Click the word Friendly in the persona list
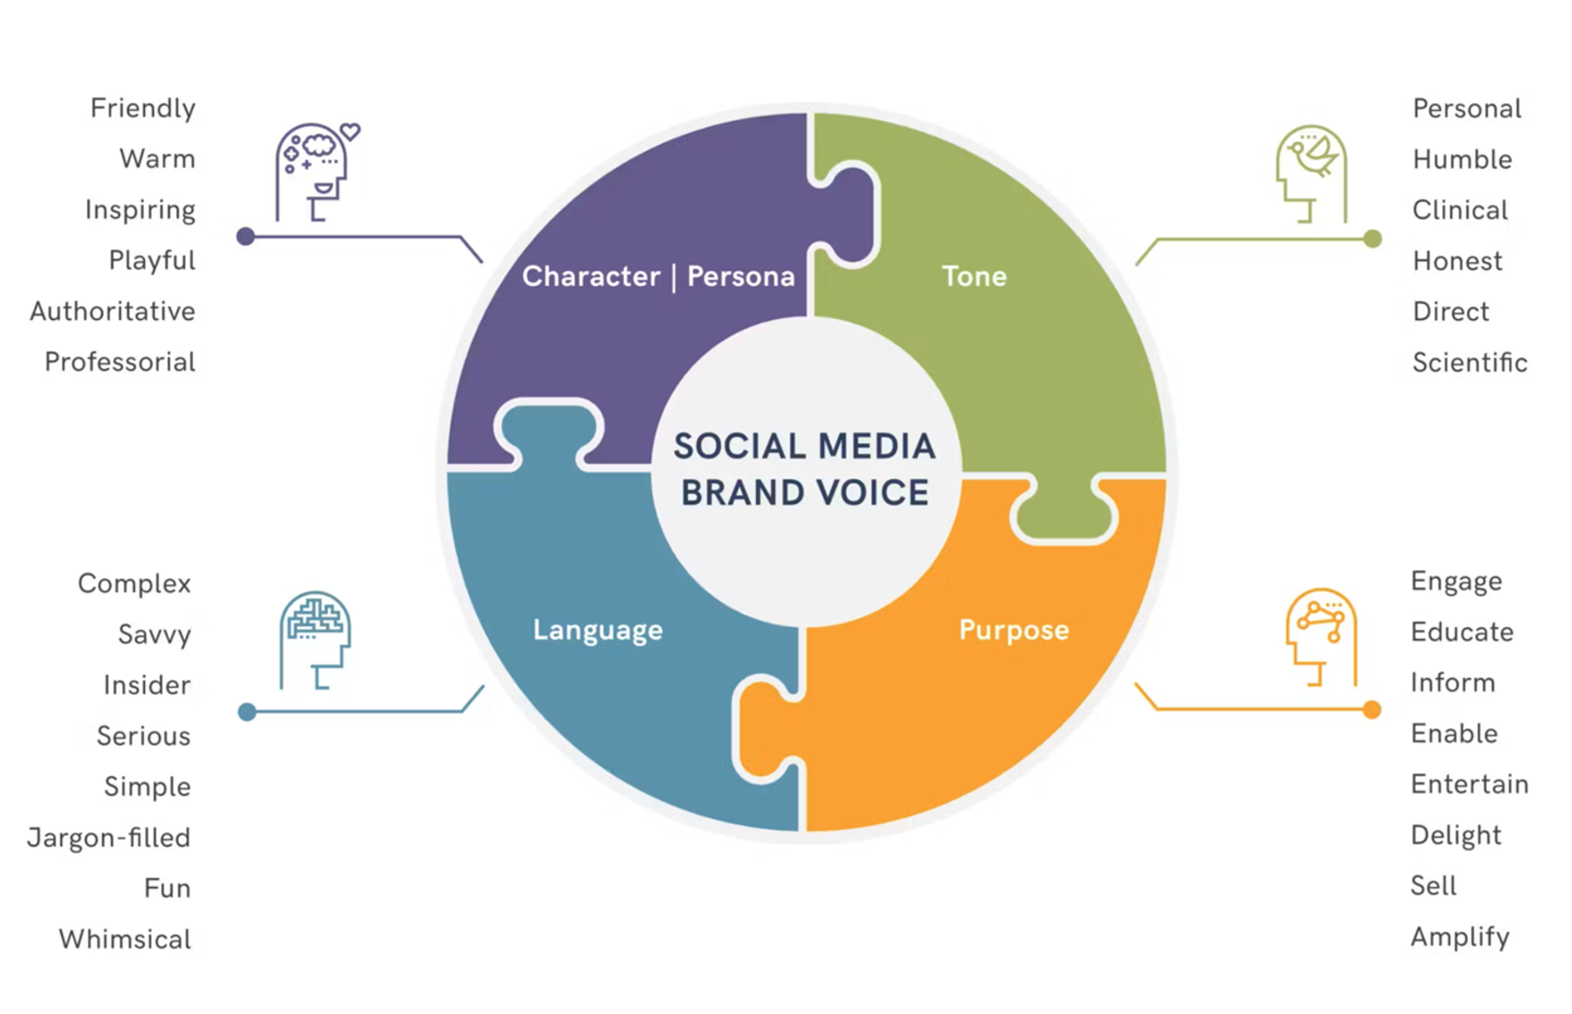pos(143,108)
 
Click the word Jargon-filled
pos(108,838)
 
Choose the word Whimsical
pos(125,939)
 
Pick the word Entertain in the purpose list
pos(1469,784)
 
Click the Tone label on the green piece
pos(974,277)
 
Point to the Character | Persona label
pos(658,277)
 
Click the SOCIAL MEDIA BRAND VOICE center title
pos(804,470)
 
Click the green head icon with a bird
pos(1311,174)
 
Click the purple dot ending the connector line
pos(246,236)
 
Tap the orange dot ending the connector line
pos(1372,710)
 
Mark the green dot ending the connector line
pos(1373,239)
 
